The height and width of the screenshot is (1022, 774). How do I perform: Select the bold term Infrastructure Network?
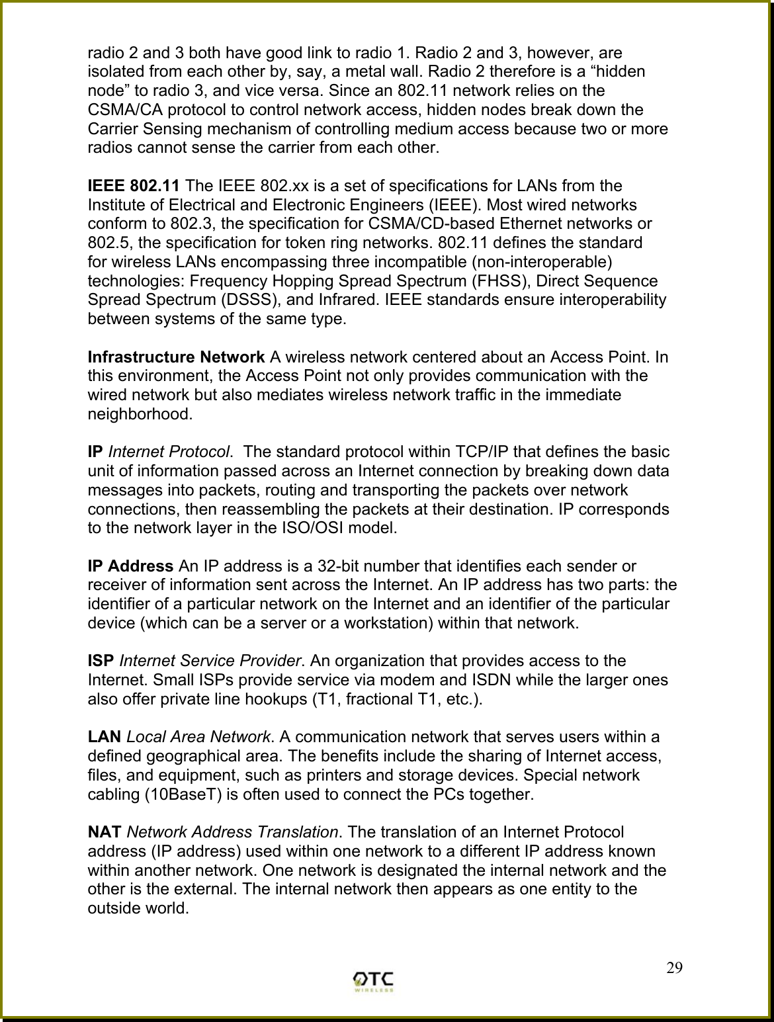pos(177,358)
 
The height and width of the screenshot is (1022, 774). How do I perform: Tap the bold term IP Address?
pos(131,566)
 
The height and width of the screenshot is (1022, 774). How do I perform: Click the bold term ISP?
pos(101,661)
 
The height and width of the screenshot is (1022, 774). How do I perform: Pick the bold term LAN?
pos(105,737)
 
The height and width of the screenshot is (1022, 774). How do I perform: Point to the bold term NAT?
pos(105,832)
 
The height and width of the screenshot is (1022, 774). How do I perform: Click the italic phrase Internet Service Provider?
pos(210,661)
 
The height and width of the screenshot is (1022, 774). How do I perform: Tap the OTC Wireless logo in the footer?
pos(374,981)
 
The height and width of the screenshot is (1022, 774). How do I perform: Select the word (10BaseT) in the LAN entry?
pos(183,794)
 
